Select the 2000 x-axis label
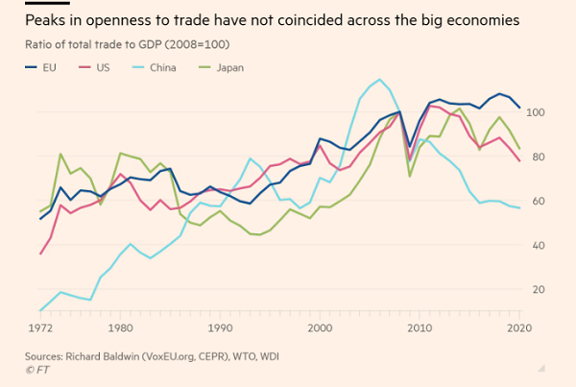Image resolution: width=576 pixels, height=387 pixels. point(319,327)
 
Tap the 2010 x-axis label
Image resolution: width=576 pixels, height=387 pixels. point(420,327)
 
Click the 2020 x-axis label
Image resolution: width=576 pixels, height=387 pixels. point(518,327)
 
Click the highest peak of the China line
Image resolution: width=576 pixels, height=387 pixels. point(381,80)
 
